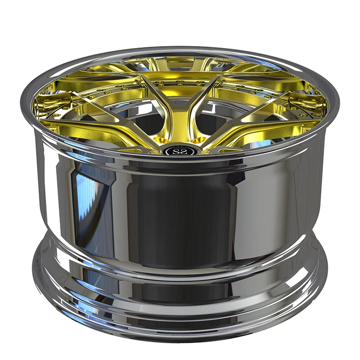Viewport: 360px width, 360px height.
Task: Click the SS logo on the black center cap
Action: coord(180,150)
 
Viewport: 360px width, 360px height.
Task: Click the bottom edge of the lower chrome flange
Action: coord(180,331)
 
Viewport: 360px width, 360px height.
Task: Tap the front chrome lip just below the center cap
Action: coord(180,161)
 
